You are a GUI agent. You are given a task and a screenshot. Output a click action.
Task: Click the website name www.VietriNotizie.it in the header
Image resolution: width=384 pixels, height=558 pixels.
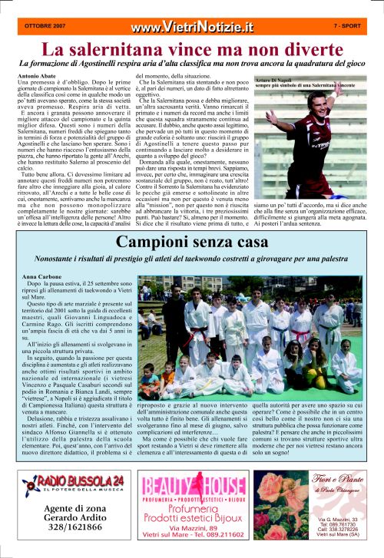click(x=191, y=27)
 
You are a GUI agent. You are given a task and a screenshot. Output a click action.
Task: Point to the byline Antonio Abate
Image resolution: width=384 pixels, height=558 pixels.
click(x=37, y=78)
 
